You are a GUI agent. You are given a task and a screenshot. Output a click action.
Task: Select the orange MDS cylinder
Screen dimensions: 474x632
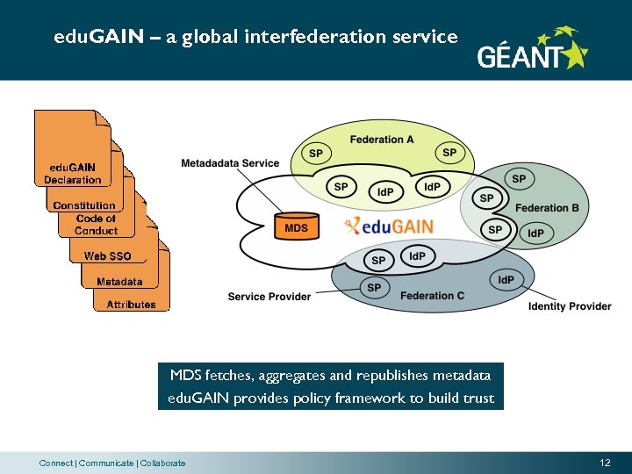(x=297, y=226)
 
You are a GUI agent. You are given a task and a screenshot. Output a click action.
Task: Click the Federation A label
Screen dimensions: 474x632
(x=381, y=140)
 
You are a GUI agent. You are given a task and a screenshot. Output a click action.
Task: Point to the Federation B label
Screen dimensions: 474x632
(x=547, y=208)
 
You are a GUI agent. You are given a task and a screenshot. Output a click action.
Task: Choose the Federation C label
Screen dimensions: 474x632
(x=432, y=296)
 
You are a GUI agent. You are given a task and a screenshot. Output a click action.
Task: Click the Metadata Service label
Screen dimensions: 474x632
(x=230, y=163)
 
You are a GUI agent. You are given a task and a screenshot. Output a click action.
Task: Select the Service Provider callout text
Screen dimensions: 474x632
(x=269, y=297)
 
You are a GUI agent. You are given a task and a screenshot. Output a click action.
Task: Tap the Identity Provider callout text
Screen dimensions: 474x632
(x=570, y=306)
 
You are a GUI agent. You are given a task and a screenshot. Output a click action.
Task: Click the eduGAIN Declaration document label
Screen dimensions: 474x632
(x=73, y=174)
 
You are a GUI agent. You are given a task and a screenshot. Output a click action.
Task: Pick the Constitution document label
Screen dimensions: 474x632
(x=84, y=205)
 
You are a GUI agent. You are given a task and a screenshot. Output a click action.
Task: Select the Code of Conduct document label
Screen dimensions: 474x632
(x=96, y=225)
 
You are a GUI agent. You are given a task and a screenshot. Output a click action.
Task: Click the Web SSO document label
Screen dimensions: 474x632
(x=107, y=256)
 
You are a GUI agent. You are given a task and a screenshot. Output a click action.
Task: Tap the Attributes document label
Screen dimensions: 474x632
(x=131, y=305)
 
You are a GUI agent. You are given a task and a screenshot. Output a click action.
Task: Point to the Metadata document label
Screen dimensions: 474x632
(x=119, y=282)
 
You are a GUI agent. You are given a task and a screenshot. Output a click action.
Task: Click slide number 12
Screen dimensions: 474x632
(x=605, y=463)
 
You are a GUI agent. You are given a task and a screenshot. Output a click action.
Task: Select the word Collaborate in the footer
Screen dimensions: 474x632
(x=162, y=463)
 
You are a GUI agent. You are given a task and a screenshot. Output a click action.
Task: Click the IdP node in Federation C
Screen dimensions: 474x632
(x=506, y=280)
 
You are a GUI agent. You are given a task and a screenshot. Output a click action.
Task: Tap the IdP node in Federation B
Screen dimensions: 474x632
(x=535, y=233)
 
